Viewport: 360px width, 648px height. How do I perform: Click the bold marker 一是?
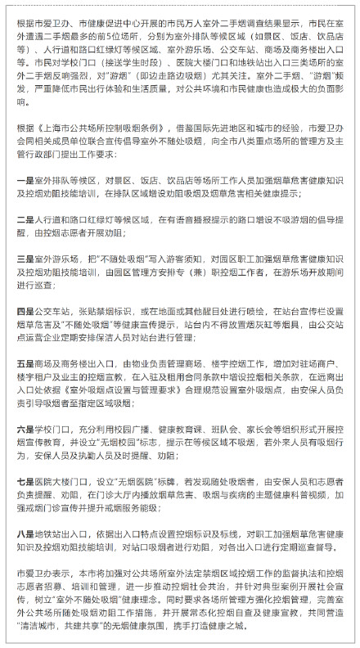click(25, 179)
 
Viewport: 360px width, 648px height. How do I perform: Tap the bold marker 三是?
click(25, 259)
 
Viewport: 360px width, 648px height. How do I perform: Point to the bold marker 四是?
click(25, 311)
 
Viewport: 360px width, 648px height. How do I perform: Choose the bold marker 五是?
click(25, 362)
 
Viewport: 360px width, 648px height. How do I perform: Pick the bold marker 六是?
click(25, 426)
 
